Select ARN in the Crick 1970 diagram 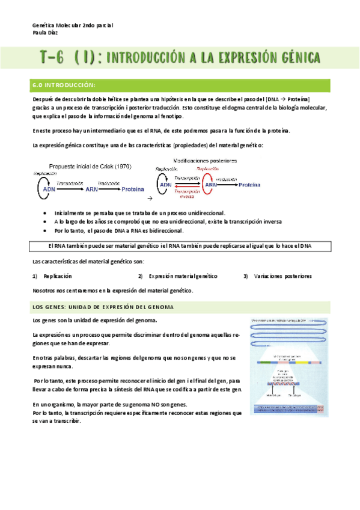(x=92, y=189)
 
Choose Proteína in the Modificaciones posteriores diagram (x=249, y=185)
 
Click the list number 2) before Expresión (x=140, y=276)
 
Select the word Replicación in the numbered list (x=58, y=276)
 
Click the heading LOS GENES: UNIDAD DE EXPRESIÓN (x=103, y=307)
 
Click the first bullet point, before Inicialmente (x=47, y=214)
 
